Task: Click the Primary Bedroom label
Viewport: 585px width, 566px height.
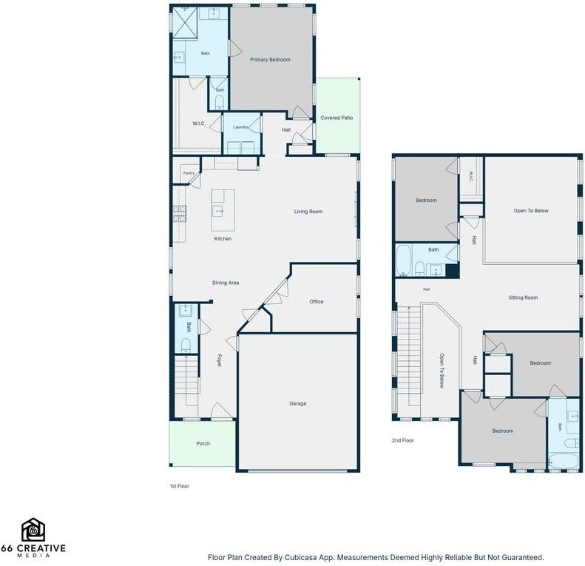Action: pos(270,60)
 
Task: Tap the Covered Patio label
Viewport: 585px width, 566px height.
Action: pos(337,118)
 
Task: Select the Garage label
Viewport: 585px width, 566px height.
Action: pos(298,403)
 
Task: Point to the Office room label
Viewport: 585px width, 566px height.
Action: pos(317,302)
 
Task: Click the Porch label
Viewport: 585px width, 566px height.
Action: pos(203,443)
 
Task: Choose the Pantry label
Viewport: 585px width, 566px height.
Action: pos(189,173)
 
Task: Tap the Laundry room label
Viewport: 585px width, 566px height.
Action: pos(240,127)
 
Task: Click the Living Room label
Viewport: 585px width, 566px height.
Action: pos(308,212)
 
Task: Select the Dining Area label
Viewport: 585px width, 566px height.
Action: pos(226,283)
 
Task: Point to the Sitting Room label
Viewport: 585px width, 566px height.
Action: pos(523,297)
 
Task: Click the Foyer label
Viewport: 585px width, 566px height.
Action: pos(220,360)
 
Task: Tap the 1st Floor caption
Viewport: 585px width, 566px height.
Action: pos(180,486)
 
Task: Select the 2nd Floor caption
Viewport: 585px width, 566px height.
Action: pos(403,440)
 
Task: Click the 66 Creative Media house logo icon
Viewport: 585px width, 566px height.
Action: pos(33,530)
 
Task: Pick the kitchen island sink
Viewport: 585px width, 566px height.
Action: pos(217,212)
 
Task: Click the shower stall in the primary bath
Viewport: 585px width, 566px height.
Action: pos(185,22)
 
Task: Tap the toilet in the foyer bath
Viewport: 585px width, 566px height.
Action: pos(186,345)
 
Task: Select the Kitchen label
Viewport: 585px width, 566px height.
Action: pos(223,239)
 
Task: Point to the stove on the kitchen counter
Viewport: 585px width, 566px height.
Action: pos(180,214)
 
